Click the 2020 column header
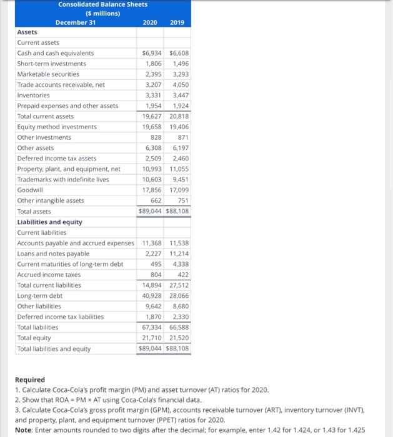click(150, 22)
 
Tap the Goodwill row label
click(30, 190)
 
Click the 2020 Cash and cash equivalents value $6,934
click(151, 53)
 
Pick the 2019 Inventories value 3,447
click(179, 95)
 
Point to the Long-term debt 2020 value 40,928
click(151, 296)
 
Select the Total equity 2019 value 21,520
click(179, 338)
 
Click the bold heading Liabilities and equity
click(49, 222)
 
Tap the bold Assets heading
click(27, 32)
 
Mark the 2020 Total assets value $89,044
click(151, 211)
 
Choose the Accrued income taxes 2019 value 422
click(183, 275)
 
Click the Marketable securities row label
click(48, 74)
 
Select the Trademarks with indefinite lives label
click(63, 179)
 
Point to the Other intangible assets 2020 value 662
click(156, 200)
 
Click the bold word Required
click(30, 380)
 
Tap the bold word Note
click(22, 430)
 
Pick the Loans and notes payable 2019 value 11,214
click(179, 253)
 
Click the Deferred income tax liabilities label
click(61, 317)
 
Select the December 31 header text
click(76, 22)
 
